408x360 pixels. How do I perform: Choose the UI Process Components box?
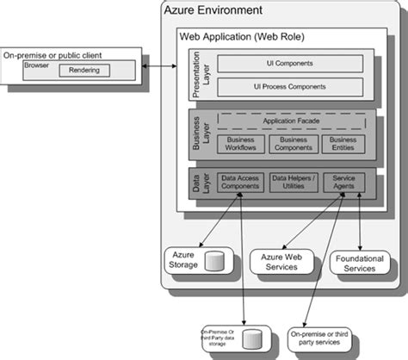[x=291, y=87]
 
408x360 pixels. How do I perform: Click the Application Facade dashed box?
[x=291, y=122]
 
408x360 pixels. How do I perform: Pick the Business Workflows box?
[x=239, y=144]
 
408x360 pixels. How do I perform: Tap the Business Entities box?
[x=342, y=144]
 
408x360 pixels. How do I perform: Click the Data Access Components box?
[x=240, y=183]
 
